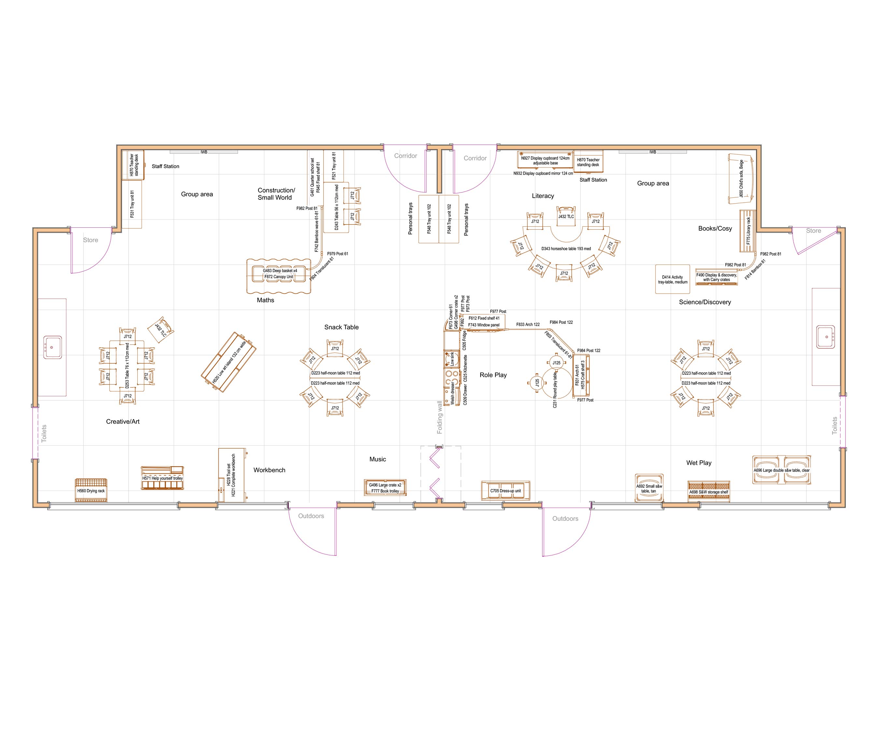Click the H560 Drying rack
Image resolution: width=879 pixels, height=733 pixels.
click(x=91, y=491)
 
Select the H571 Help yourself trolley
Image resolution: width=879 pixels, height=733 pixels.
click(x=162, y=478)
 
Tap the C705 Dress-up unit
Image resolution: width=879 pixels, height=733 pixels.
click(x=505, y=491)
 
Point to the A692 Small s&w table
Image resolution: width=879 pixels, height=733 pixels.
click(x=649, y=488)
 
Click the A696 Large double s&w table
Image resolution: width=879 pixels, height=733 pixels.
click(x=781, y=470)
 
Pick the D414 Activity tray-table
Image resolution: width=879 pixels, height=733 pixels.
click(x=672, y=279)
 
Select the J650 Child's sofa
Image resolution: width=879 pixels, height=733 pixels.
click(x=741, y=179)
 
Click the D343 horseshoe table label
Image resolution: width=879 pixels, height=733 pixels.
click(x=566, y=249)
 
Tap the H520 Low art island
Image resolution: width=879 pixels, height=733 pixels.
click(x=229, y=362)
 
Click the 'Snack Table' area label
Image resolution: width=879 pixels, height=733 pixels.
click(x=341, y=327)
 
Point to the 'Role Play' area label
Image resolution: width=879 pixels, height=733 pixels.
click(x=493, y=375)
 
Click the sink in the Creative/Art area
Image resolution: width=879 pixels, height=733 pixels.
click(x=53, y=347)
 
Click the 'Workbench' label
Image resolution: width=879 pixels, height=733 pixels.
click(x=269, y=470)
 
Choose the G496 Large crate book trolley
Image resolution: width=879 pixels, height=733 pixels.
click(x=385, y=488)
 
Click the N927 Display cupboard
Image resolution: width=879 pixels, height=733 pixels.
click(x=545, y=160)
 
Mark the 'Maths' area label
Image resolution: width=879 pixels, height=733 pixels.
click(x=265, y=300)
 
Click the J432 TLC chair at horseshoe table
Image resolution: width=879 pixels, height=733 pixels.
click(x=566, y=216)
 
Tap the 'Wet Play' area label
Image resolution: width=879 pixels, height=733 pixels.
click(x=699, y=463)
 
